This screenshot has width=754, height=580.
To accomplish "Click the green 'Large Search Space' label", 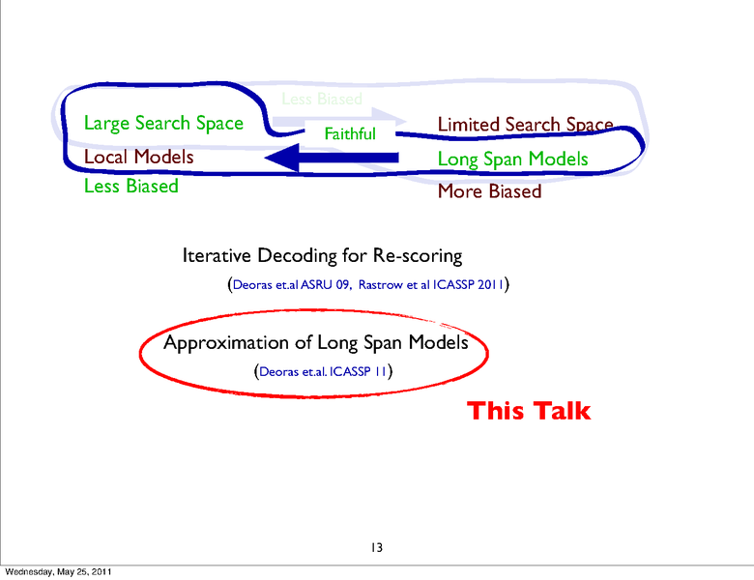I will click(163, 123).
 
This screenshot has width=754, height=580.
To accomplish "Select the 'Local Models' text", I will click(138, 157).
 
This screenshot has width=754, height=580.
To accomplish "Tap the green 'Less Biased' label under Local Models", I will click(130, 186).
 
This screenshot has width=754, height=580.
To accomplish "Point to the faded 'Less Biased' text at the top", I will click(321, 99).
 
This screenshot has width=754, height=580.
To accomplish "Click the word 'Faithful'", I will click(349, 134).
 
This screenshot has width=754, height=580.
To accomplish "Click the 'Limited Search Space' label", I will click(524, 125).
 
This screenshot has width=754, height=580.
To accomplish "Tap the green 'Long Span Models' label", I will click(512, 159).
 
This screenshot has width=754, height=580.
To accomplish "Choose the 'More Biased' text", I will click(489, 190).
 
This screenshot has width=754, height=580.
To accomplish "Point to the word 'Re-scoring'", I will click(417, 256).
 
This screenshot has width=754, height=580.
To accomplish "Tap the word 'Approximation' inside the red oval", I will click(226, 342).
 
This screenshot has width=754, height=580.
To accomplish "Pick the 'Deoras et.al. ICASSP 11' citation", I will click(322, 370).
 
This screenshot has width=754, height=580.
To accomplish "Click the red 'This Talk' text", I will click(528, 411).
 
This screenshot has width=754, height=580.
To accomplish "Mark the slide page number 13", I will click(377, 548).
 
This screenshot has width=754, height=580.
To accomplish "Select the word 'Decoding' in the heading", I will click(299, 256).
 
